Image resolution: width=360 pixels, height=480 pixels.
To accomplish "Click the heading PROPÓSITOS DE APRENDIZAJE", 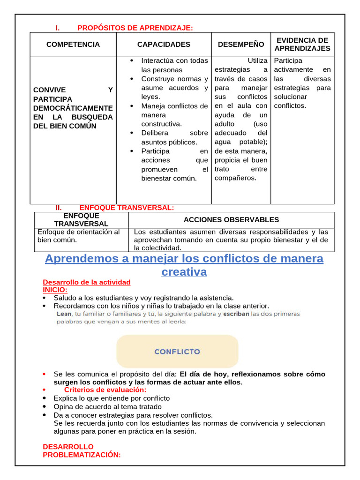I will (135, 28).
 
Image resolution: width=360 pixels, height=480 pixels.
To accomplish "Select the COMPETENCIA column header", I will (73, 45).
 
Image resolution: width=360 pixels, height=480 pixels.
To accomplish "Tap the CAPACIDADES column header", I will (164, 45).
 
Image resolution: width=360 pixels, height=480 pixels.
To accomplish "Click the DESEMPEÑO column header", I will (241, 45).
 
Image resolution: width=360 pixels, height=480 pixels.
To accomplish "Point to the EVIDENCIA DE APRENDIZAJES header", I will (302, 45).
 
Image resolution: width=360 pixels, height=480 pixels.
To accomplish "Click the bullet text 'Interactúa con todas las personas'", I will (174, 65).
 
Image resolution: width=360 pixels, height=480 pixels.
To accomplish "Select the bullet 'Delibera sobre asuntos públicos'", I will (174, 137).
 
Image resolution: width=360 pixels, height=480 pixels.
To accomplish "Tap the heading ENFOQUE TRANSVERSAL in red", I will (127, 208).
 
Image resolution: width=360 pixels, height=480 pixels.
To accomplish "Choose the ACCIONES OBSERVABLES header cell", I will (231, 219).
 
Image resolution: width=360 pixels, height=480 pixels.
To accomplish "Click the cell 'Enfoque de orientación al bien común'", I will (78, 236).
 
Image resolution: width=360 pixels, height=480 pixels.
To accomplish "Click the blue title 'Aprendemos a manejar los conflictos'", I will (184, 259).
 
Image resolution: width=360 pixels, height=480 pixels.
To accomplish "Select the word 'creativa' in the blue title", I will (184, 272).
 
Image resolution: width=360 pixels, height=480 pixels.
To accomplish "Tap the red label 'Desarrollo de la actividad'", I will (87, 282).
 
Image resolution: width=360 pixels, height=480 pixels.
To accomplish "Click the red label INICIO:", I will (55, 290).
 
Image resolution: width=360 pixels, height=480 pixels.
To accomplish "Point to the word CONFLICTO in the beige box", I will (177, 351).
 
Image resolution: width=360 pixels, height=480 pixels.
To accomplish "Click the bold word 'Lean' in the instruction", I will (64, 314).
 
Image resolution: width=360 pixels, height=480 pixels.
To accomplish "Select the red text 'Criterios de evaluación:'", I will (105, 390).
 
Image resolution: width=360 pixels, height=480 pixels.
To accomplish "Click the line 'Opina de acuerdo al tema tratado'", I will (107, 406).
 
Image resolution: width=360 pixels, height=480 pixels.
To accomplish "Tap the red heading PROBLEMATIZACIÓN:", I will (82, 454).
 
